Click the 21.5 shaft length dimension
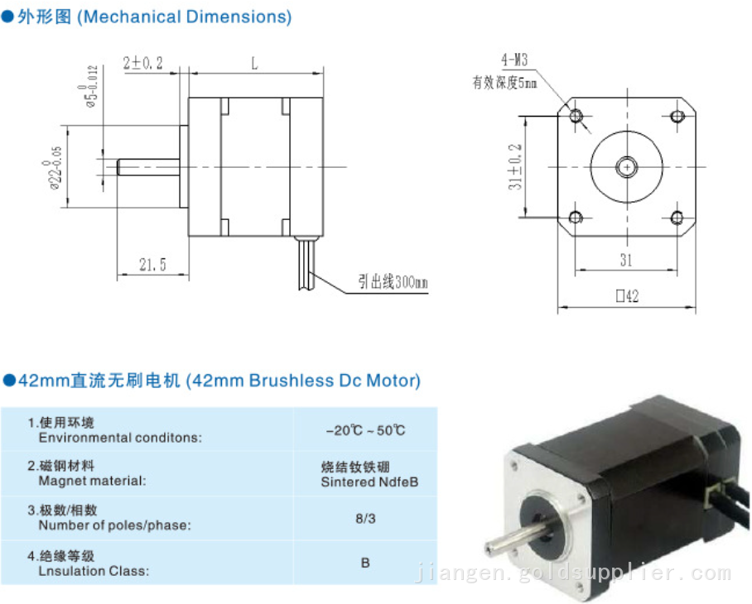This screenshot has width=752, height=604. (152, 265)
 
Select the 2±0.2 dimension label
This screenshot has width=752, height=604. (142, 63)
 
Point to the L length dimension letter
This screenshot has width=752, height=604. (253, 62)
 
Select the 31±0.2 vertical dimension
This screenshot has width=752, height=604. (514, 165)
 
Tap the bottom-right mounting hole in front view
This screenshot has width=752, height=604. (677, 217)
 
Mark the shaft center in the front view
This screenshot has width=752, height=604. (627, 166)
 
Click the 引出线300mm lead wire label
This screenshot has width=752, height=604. (393, 282)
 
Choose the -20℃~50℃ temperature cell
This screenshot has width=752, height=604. (365, 430)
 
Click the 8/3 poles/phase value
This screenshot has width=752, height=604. (365, 518)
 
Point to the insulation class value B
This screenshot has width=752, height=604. (365, 563)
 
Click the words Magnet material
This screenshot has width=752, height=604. (92, 481)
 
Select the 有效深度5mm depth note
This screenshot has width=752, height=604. (504, 82)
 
